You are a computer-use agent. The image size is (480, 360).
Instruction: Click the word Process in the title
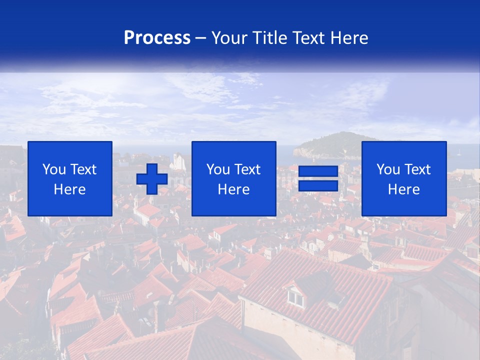(157, 38)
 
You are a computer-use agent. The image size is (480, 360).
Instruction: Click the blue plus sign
(152, 179)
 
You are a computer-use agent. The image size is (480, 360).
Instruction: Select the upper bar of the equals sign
(318, 171)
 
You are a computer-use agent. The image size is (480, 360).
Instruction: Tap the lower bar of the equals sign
(318, 186)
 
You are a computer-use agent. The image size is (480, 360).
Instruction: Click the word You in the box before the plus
(54, 169)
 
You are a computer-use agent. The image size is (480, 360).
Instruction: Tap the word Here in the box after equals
(403, 189)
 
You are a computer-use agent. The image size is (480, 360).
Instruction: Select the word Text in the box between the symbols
(247, 169)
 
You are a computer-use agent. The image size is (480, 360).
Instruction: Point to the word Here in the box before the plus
(69, 189)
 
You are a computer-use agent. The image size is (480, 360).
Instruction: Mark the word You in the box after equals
(388, 169)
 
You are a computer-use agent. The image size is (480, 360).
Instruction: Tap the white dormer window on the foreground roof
(295, 298)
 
